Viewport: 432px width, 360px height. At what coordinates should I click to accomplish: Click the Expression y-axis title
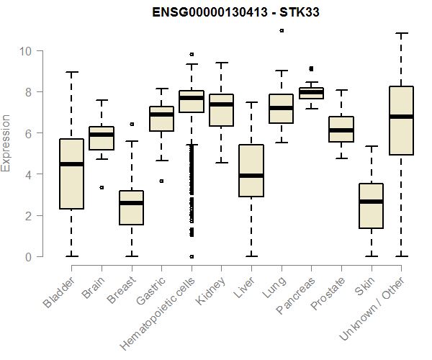6,143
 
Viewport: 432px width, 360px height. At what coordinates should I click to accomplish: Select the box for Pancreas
311,93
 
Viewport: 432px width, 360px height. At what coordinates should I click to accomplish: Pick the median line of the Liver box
251,176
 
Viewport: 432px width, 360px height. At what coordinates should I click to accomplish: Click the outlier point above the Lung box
281,30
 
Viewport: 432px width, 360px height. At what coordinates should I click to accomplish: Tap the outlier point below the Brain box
102,187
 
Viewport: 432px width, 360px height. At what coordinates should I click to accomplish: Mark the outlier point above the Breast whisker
131,124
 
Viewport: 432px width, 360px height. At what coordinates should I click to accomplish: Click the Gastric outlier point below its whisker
161,181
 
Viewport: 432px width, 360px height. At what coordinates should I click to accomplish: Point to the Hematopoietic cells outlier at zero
192,256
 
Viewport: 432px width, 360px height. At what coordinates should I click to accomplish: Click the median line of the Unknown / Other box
401,117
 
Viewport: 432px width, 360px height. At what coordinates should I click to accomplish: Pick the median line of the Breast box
131,203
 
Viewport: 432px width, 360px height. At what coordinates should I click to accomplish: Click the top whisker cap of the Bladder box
71,72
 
